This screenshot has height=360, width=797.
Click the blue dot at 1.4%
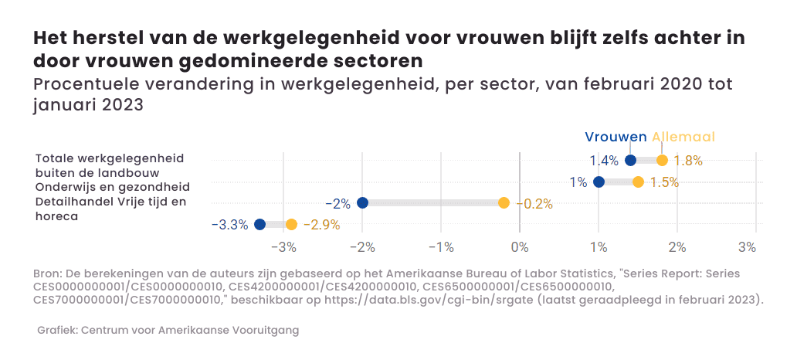coord(630,161)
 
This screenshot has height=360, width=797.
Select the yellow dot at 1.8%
coord(662,161)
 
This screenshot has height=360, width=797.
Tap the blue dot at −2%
coord(362,203)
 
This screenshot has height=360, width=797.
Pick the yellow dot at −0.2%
coord(504,203)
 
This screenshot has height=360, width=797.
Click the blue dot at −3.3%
coord(259,225)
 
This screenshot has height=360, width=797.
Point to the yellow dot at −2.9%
coord(291,225)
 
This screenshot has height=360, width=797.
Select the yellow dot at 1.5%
coord(638,182)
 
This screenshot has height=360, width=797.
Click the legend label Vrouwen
coord(616,137)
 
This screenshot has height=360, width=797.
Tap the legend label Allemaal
coord(683,137)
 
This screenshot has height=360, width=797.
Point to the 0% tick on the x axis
coord(520,247)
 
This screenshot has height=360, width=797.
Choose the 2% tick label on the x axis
coord(677,247)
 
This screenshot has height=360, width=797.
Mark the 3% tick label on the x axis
coord(747,247)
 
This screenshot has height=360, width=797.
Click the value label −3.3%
coord(229,225)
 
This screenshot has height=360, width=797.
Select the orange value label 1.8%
coord(688,161)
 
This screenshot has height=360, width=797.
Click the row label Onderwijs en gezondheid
coord(113,188)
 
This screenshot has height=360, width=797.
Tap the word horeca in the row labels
coord(56,217)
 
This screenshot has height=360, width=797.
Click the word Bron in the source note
coord(47,274)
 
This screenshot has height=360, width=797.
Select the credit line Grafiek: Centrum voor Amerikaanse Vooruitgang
coord(168,331)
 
